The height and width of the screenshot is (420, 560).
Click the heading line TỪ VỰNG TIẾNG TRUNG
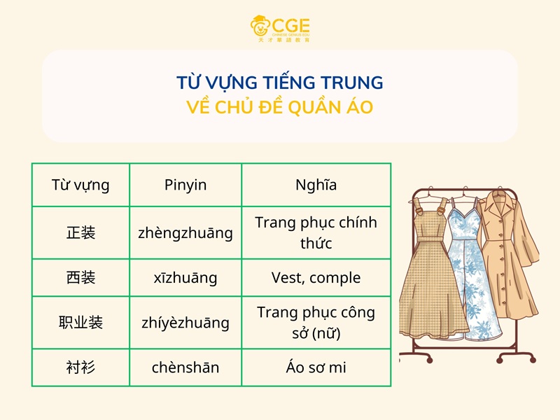coord(280,83)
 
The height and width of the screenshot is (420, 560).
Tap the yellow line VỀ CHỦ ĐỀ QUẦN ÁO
coord(280,108)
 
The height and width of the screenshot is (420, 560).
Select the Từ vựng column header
coord(80,185)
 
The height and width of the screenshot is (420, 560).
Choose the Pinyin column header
coord(185,185)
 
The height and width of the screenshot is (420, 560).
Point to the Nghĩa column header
coord(316,185)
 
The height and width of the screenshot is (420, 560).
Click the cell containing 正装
coord(80,232)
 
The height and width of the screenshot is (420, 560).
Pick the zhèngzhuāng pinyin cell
coord(185,232)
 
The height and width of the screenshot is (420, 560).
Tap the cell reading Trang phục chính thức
coord(316,232)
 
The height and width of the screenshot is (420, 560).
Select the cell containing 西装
coord(80,278)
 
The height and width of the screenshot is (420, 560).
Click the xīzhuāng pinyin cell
coord(185,278)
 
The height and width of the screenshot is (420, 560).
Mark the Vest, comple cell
coord(316,278)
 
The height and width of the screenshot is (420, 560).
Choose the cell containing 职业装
coord(80,323)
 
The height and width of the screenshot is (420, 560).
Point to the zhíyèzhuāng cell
coord(185,323)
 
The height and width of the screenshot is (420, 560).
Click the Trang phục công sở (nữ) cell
coord(316,323)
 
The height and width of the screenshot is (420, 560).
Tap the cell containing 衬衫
coord(80,367)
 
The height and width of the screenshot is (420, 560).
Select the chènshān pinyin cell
coord(185,367)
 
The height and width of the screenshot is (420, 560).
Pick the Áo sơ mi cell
coord(316,367)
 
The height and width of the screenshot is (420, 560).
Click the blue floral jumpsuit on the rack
coord(473,280)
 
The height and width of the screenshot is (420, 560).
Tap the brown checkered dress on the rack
coord(430,280)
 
